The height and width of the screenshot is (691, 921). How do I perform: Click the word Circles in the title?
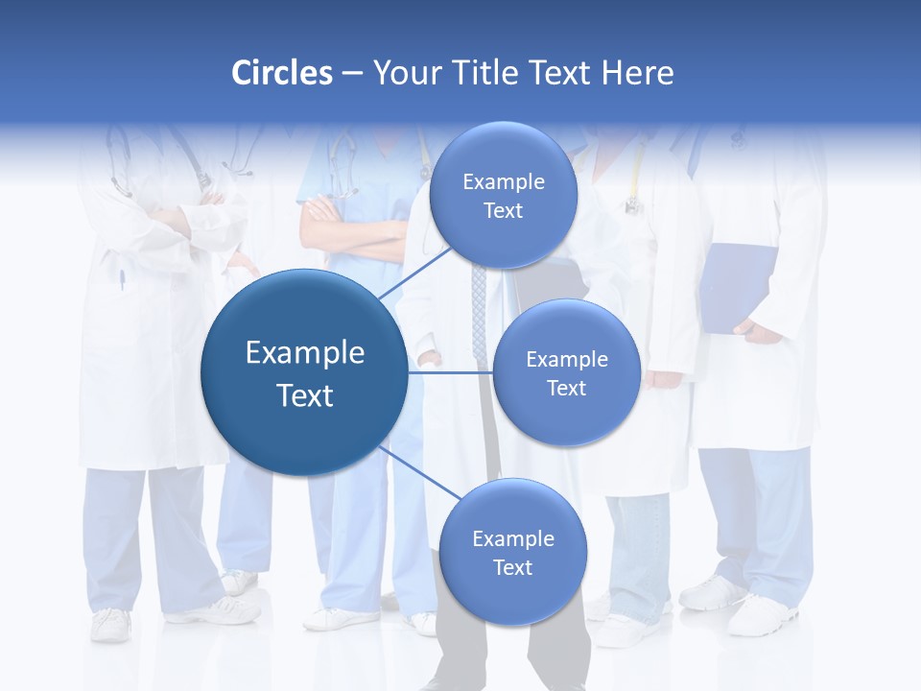point(282,73)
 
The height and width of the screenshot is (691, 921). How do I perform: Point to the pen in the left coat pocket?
point(122,280)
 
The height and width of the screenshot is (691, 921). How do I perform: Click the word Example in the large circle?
point(304,353)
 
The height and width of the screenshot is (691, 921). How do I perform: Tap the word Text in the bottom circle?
point(512,567)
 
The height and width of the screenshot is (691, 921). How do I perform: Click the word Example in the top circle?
point(503,181)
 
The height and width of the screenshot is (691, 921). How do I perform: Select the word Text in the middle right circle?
point(566,388)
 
